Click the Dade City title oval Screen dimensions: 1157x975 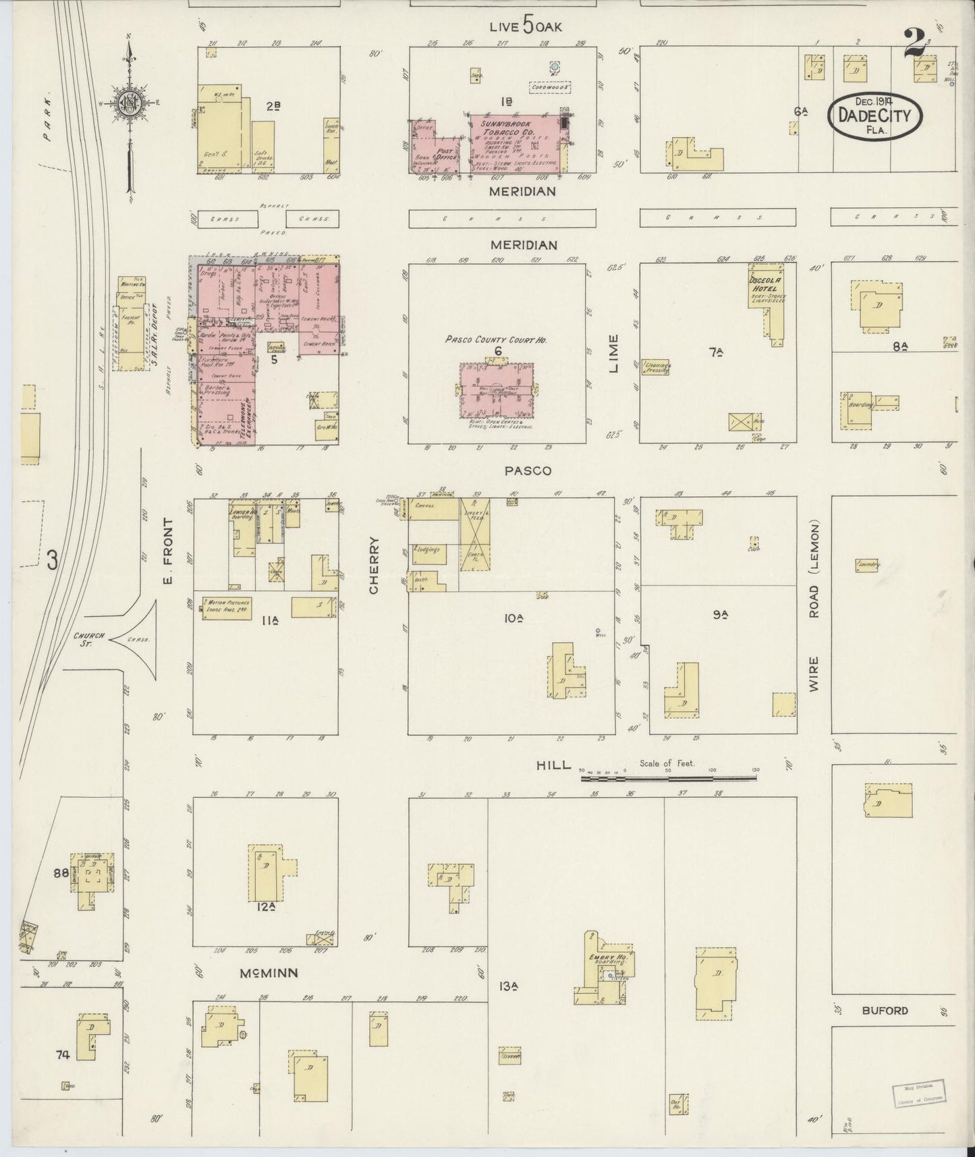[874, 115]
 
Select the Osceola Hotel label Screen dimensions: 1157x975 [764, 284]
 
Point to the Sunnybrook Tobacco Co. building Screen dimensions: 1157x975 [516, 142]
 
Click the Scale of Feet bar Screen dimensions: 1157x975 [668, 778]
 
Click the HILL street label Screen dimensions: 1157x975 [553, 765]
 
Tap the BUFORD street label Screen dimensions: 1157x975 [885, 1011]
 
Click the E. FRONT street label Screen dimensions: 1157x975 [169, 551]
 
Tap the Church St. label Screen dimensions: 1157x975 [88, 639]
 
